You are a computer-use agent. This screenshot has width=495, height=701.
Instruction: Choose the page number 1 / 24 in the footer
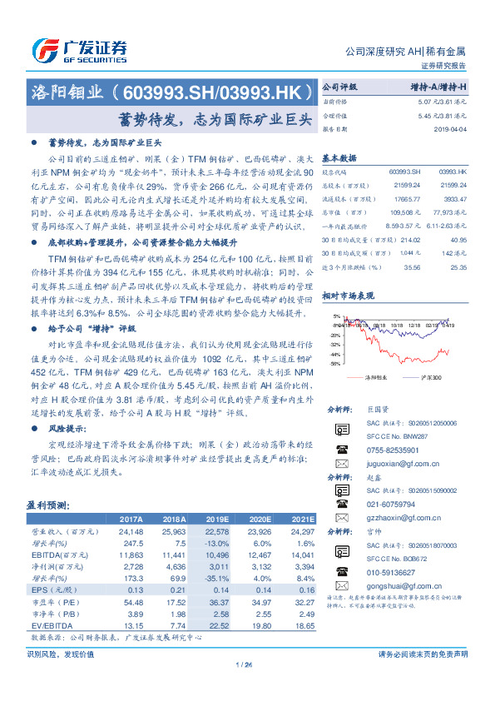pos(245,664)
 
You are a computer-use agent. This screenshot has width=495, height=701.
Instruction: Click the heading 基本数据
pos(339,157)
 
